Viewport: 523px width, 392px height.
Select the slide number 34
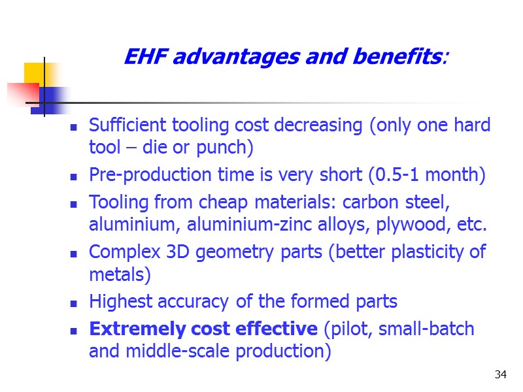(x=501, y=374)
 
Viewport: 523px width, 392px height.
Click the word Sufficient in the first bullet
(x=128, y=125)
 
